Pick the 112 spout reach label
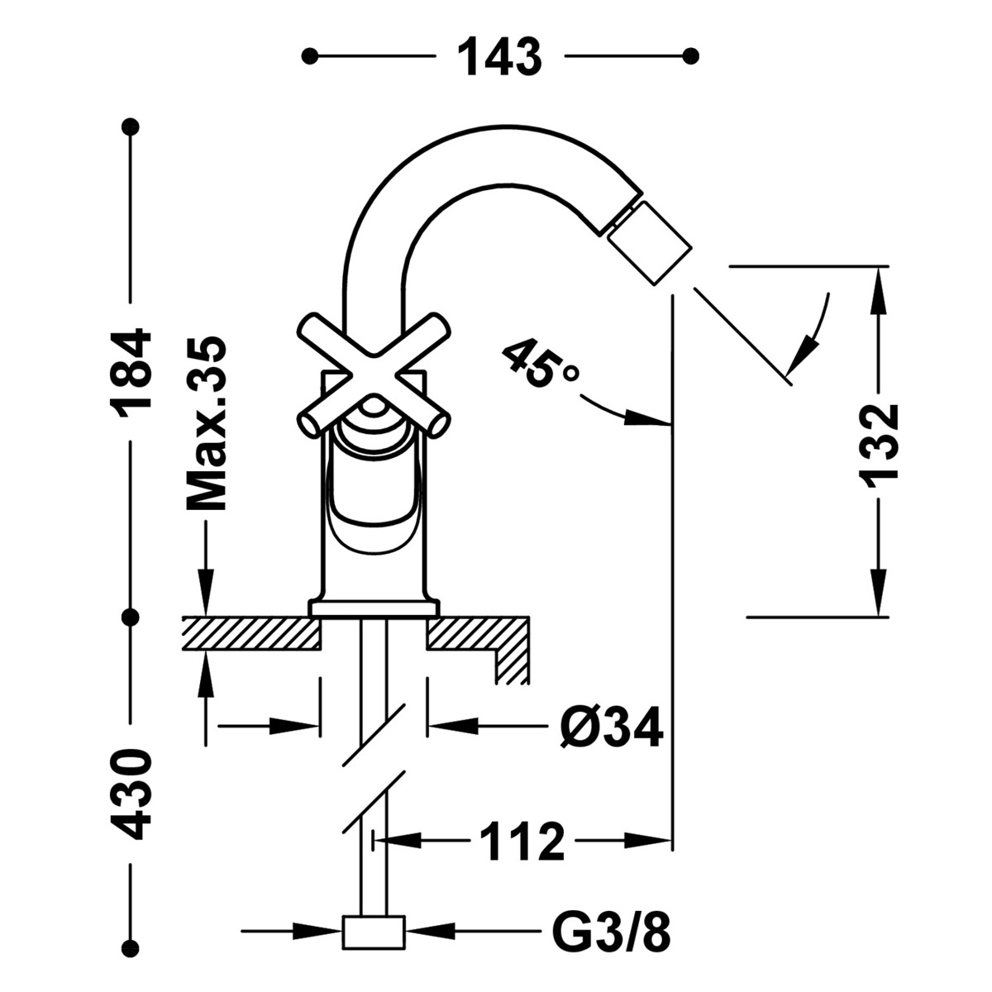(x=522, y=842)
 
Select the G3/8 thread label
(x=610, y=932)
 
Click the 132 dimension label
(x=878, y=443)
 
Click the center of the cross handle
(x=374, y=372)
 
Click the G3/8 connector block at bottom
(x=374, y=932)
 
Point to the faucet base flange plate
(x=374, y=608)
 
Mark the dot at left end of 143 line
(x=309, y=56)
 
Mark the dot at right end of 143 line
(x=692, y=56)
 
